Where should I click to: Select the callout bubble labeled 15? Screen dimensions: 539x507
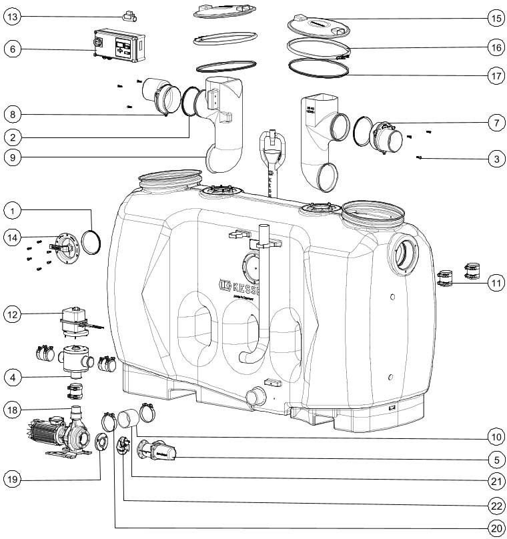494,18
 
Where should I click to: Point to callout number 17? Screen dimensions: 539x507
494,75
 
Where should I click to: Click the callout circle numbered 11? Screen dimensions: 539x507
494,283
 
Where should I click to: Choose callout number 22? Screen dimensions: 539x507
494,502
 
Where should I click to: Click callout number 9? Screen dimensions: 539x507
13,158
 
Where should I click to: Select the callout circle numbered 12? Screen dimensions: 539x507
13,313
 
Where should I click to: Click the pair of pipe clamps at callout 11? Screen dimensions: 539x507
458,276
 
